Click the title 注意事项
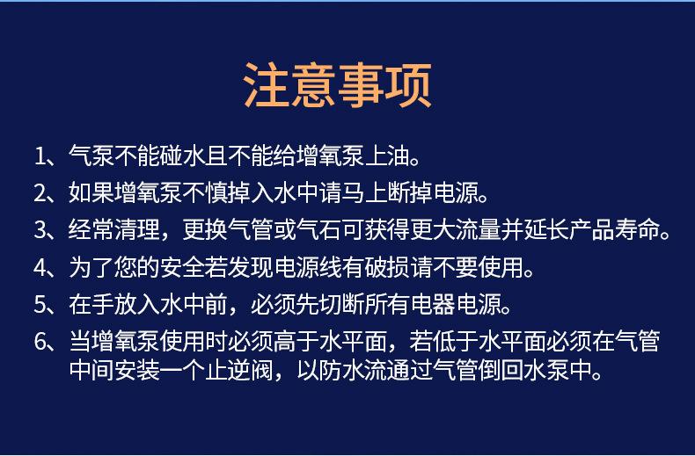click(338, 85)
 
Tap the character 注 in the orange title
click(267, 85)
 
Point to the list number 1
click(40, 156)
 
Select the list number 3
click(40, 230)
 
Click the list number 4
click(40, 267)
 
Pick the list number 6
click(40, 342)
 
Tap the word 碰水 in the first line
click(182, 156)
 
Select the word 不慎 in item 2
click(205, 193)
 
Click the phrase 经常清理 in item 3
click(113, 230)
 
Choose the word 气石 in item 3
click(318, 230)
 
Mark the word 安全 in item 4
click(182, 267)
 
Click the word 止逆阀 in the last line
click(239, 370)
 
